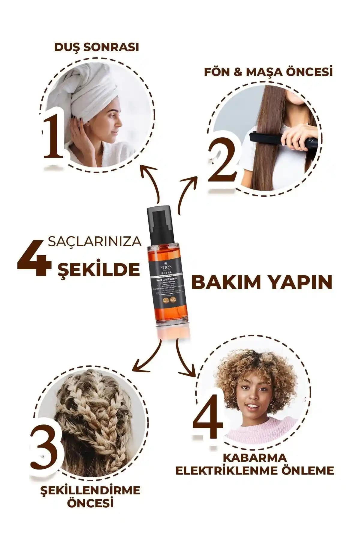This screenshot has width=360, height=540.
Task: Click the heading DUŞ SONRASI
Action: click(96, 47)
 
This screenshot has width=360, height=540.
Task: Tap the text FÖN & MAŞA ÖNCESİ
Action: click(268, 72)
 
